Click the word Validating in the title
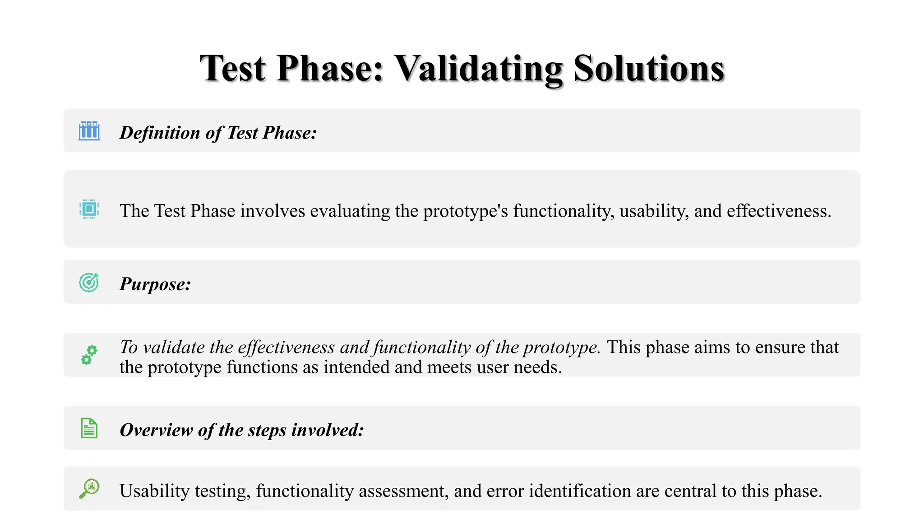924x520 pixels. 478,69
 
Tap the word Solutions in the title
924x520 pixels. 649,69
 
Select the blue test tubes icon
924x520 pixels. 89,131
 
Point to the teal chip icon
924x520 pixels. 89,209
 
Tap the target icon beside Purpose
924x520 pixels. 89,282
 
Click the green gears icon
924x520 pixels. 89,355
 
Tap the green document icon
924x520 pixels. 89,428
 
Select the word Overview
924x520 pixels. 156,430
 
